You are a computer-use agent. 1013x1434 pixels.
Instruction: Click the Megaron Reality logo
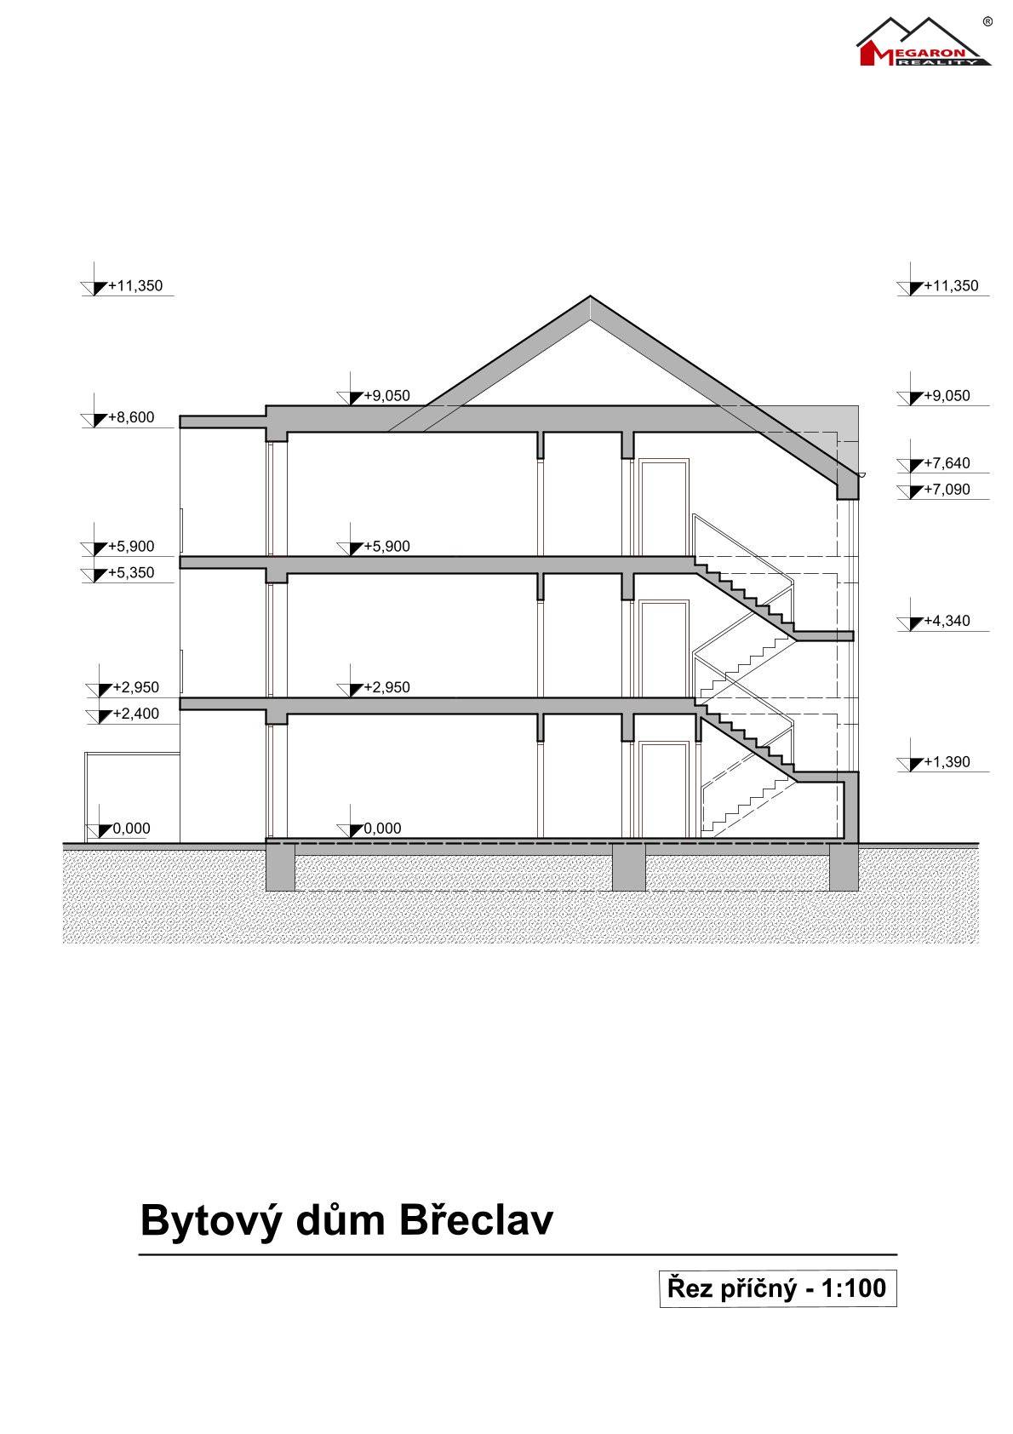pos(924,43)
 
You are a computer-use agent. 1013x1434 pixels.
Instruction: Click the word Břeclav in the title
pos(476,1220)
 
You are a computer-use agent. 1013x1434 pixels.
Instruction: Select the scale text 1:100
pos(854,1288)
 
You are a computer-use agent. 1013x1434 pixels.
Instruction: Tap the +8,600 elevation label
pos(131,417)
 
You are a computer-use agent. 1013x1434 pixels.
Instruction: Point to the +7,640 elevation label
pos(947,463)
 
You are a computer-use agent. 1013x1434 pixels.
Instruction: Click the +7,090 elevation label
pos(947,489)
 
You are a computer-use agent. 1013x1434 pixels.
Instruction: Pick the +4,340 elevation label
pos(947,620)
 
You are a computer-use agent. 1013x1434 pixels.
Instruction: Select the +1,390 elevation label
pos(947,762)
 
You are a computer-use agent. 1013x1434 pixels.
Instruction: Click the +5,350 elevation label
pos(131,572)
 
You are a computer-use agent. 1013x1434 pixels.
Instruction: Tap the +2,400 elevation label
pos(135,713)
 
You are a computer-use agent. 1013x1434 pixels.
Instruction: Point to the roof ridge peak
pos(590,295)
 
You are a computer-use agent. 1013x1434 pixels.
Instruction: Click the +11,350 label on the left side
pos(135,285)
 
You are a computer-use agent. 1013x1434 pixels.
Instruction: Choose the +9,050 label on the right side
pos(947,396)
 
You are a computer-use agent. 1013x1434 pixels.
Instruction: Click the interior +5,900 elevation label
pos(386,546)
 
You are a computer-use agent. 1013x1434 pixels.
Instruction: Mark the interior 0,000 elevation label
pos(383,828)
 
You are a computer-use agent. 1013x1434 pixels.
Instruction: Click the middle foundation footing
pos(629,868)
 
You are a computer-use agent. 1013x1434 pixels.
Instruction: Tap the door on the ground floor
pos(664,789)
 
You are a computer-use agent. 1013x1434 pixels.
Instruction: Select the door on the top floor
pos(664,507)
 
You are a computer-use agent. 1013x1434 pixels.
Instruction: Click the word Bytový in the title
pos(210,1222)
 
